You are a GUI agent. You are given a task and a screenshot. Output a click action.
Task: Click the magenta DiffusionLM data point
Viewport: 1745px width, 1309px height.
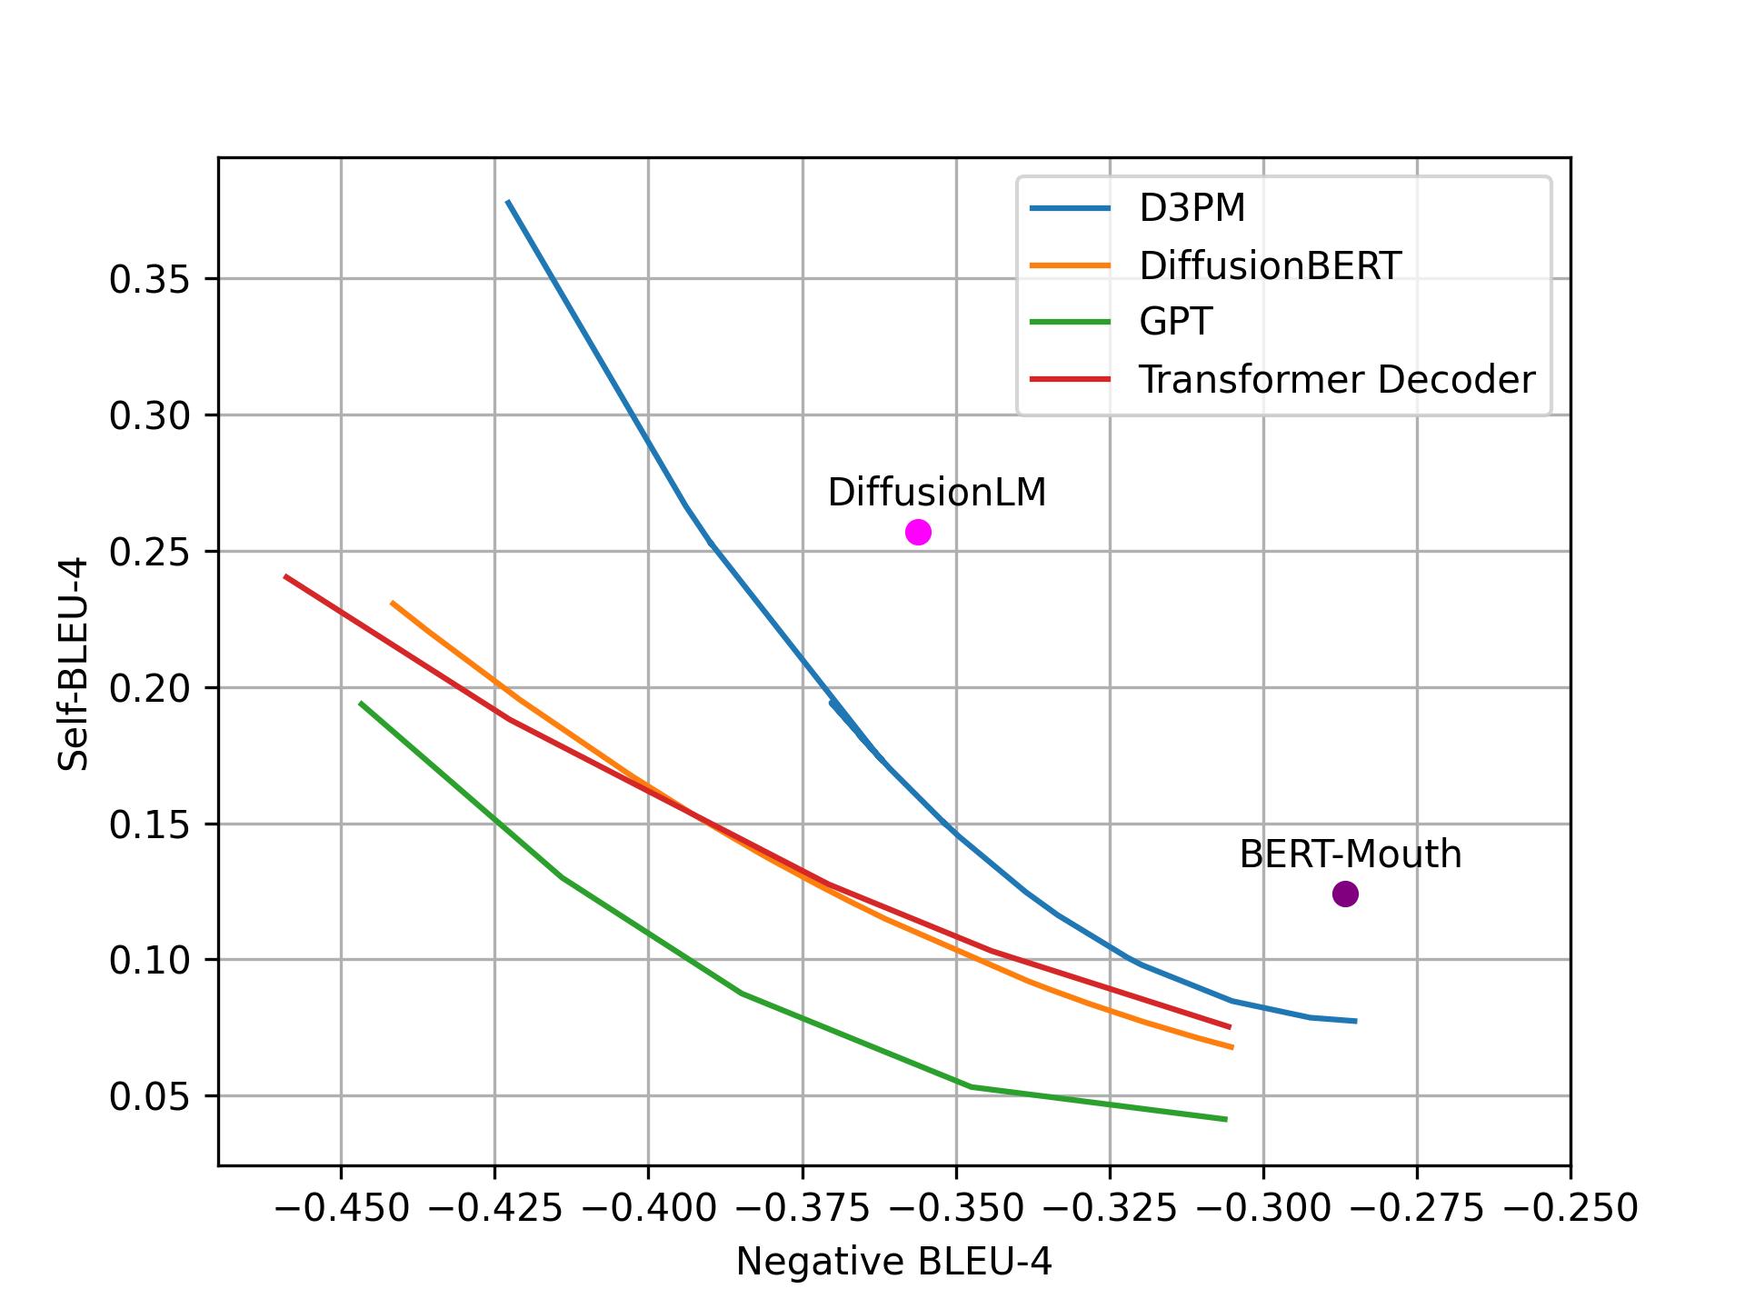[x=918, y=532]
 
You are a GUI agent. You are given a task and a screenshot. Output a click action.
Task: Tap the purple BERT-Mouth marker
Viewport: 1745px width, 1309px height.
[x=1345, y=894]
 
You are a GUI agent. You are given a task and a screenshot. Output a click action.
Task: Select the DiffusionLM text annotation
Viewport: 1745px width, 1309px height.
[x=936, y=493]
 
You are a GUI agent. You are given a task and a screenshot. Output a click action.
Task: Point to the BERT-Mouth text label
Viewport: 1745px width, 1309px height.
[x=1350, y=854]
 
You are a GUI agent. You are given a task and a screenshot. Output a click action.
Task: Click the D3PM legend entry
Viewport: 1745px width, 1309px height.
[x=1192, y=209]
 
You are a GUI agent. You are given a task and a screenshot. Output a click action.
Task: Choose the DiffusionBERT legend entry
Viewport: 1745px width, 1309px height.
[x=1270, y=265]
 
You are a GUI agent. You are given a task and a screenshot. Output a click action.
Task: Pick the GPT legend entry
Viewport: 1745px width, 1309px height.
[x=1175, y=322]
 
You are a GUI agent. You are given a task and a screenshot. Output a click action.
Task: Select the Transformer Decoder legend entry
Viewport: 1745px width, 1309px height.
[x=1336, y=379]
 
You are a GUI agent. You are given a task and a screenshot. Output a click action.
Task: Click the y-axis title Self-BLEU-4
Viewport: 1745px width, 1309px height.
[x=73, y=664]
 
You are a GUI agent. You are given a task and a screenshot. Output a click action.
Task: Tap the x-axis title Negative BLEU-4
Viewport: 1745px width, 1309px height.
[x=893, y=1262]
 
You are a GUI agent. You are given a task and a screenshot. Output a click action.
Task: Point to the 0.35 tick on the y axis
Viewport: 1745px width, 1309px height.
[x=149, y=280]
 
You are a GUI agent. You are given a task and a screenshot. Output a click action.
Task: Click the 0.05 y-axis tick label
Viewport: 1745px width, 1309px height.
[x=149, y=1097]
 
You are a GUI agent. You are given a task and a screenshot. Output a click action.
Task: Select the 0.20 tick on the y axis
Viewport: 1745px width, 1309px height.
[x=149, y=689]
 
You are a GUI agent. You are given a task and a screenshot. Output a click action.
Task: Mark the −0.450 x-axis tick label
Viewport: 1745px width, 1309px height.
[x=340, y=1209]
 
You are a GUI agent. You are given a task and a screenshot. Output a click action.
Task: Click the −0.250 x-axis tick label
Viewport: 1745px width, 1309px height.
[x=1570, y=1209]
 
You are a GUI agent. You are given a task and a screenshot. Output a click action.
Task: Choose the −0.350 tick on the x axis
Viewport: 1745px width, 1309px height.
[x=955, y=1209]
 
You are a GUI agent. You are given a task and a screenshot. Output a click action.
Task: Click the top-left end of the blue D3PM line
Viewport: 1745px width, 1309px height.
[x=507, y=201]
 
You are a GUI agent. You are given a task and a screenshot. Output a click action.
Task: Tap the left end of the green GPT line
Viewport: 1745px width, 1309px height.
[x=361, y=703]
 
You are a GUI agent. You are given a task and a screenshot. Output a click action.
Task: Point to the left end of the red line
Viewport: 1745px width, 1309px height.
[x=285, y=576]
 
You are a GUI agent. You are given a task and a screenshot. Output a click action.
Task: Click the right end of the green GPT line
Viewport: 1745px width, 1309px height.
[x=1226, y=1119]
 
